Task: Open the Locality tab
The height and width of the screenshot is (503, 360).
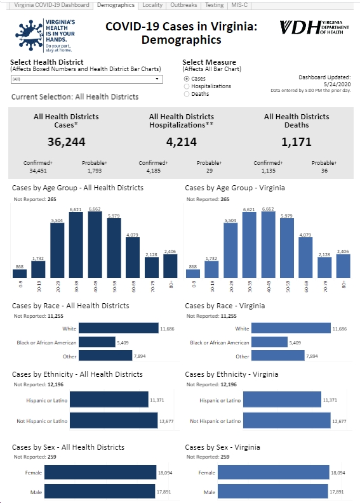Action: coord(152,5)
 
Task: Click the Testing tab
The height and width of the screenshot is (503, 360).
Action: coord(214,5)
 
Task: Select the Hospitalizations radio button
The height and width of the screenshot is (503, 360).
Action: coord(187,86)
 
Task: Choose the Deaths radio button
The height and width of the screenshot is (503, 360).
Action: coord(187,94)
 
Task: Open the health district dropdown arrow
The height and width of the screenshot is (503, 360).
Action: coord(157,79)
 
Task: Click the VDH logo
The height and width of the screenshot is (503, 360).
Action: coord(314,27)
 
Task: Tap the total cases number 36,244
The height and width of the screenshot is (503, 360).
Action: coord(67,142)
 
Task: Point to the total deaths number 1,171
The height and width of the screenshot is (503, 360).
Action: coord(297,142)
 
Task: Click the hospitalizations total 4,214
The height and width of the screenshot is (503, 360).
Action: coord(182,142)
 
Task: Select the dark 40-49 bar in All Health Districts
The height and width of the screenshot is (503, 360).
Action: coord(95,245)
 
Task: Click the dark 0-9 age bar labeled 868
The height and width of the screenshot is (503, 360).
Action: coord(20,273)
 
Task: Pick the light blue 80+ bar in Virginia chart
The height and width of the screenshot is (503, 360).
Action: coord(343,266)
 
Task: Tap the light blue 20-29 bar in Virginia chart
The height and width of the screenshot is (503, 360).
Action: coord(230,250)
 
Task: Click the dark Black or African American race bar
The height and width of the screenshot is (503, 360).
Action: coord(97,342)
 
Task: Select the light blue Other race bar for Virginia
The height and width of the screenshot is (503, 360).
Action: coord(278,355)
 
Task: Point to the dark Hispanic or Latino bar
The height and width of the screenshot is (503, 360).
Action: coord(109,400)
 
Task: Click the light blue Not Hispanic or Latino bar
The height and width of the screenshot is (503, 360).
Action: coord(287,421)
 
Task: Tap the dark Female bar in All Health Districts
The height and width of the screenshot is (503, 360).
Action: coord(100,473)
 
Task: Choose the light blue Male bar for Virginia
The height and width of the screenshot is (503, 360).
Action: coord(273,492)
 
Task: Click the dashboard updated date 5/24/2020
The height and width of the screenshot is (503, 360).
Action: coord(337,84)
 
